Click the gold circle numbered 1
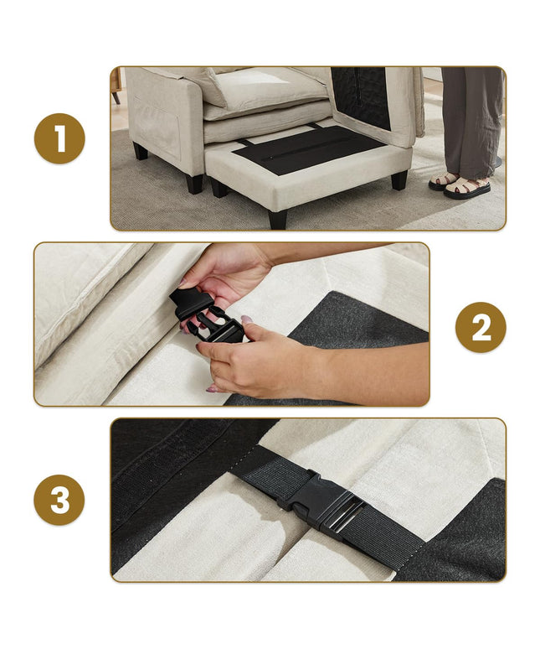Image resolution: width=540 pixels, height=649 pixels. (59, 138)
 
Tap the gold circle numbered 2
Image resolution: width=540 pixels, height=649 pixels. (481, 327)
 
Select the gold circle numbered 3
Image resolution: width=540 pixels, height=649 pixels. (59, 500)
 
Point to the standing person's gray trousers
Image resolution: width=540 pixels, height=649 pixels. (472, 120)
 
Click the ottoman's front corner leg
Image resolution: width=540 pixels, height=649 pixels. (277, 219)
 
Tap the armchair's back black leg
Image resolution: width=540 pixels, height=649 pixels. (140, 151)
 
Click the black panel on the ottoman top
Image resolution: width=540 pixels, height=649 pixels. (308, 149)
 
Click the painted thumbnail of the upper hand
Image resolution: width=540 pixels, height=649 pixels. (183, 283)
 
